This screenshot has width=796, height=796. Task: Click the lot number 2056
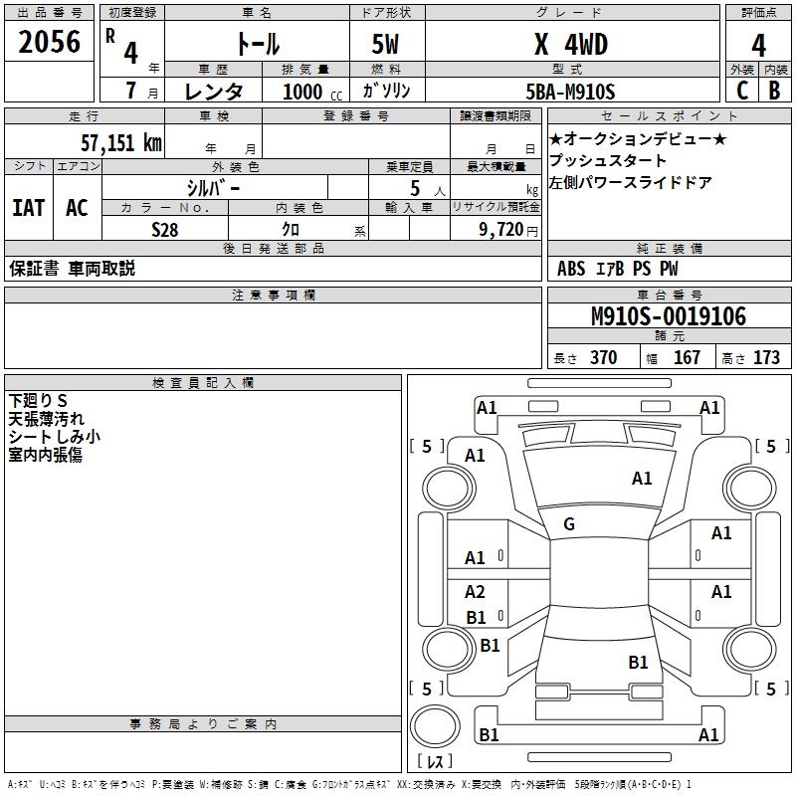tap(49, 43)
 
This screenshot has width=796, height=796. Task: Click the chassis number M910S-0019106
tap(668, 316)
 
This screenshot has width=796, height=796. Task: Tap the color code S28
tap(165, 230)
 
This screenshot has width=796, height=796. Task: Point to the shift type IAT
tap(29, 208)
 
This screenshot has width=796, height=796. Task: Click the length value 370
tap(603, 357)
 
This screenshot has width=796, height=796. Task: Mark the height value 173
tap(766, 357)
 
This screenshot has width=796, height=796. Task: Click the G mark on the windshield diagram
tap(569, 524)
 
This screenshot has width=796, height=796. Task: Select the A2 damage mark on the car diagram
tap(475, 593)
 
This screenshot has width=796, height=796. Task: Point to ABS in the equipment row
tap(571, 269)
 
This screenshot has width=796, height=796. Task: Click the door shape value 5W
tap(387, 44)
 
